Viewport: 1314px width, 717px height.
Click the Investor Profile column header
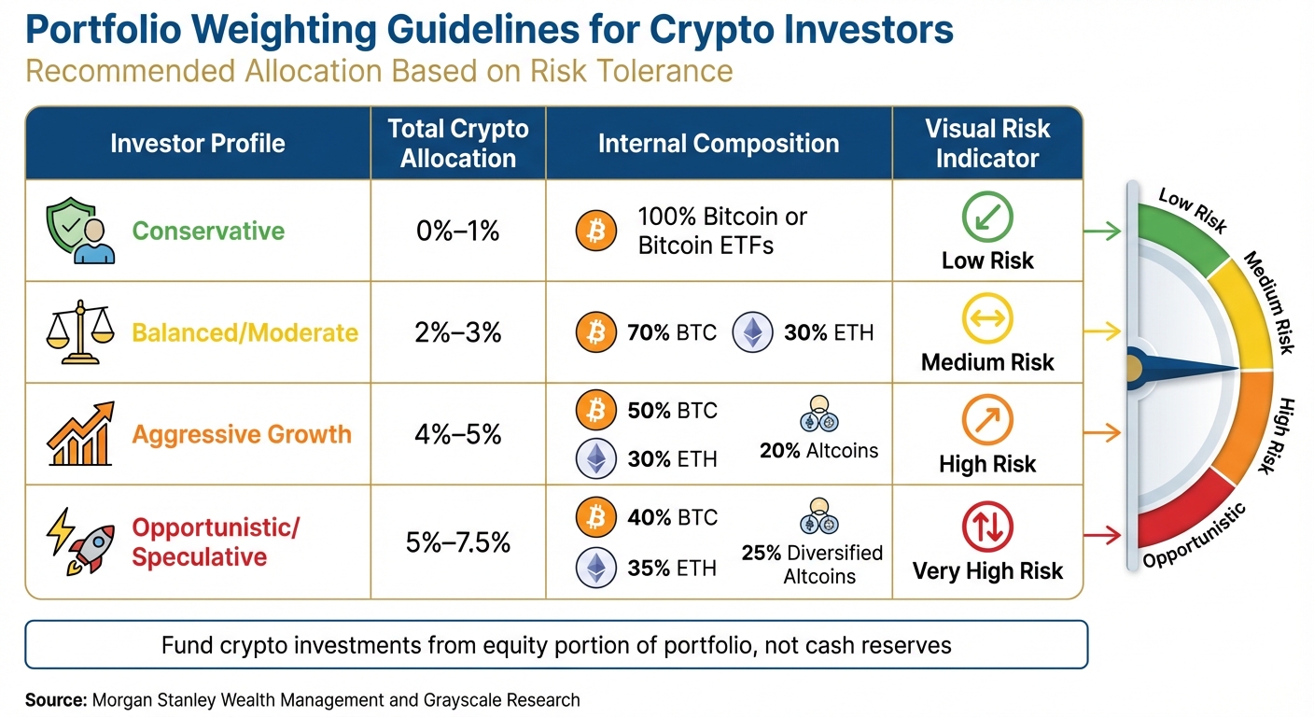(198, 143)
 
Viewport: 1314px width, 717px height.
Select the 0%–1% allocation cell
(458, 231)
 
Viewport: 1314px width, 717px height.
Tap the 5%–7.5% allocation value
(458, 542)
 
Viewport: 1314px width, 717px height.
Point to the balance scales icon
(80, 332)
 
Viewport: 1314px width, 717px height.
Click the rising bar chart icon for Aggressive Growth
(80, 434)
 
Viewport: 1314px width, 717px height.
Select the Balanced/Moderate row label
(245, 332)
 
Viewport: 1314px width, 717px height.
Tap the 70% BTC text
(672, 332)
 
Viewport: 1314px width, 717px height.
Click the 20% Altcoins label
(818, 451)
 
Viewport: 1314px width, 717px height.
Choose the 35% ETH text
(672, 568)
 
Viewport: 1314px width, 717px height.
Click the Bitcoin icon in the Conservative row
(596, 231)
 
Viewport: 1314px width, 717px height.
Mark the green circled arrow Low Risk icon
(986, 216)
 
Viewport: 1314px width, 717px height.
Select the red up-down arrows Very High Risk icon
(986, 527)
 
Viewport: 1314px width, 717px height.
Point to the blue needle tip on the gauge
(1236, 370)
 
